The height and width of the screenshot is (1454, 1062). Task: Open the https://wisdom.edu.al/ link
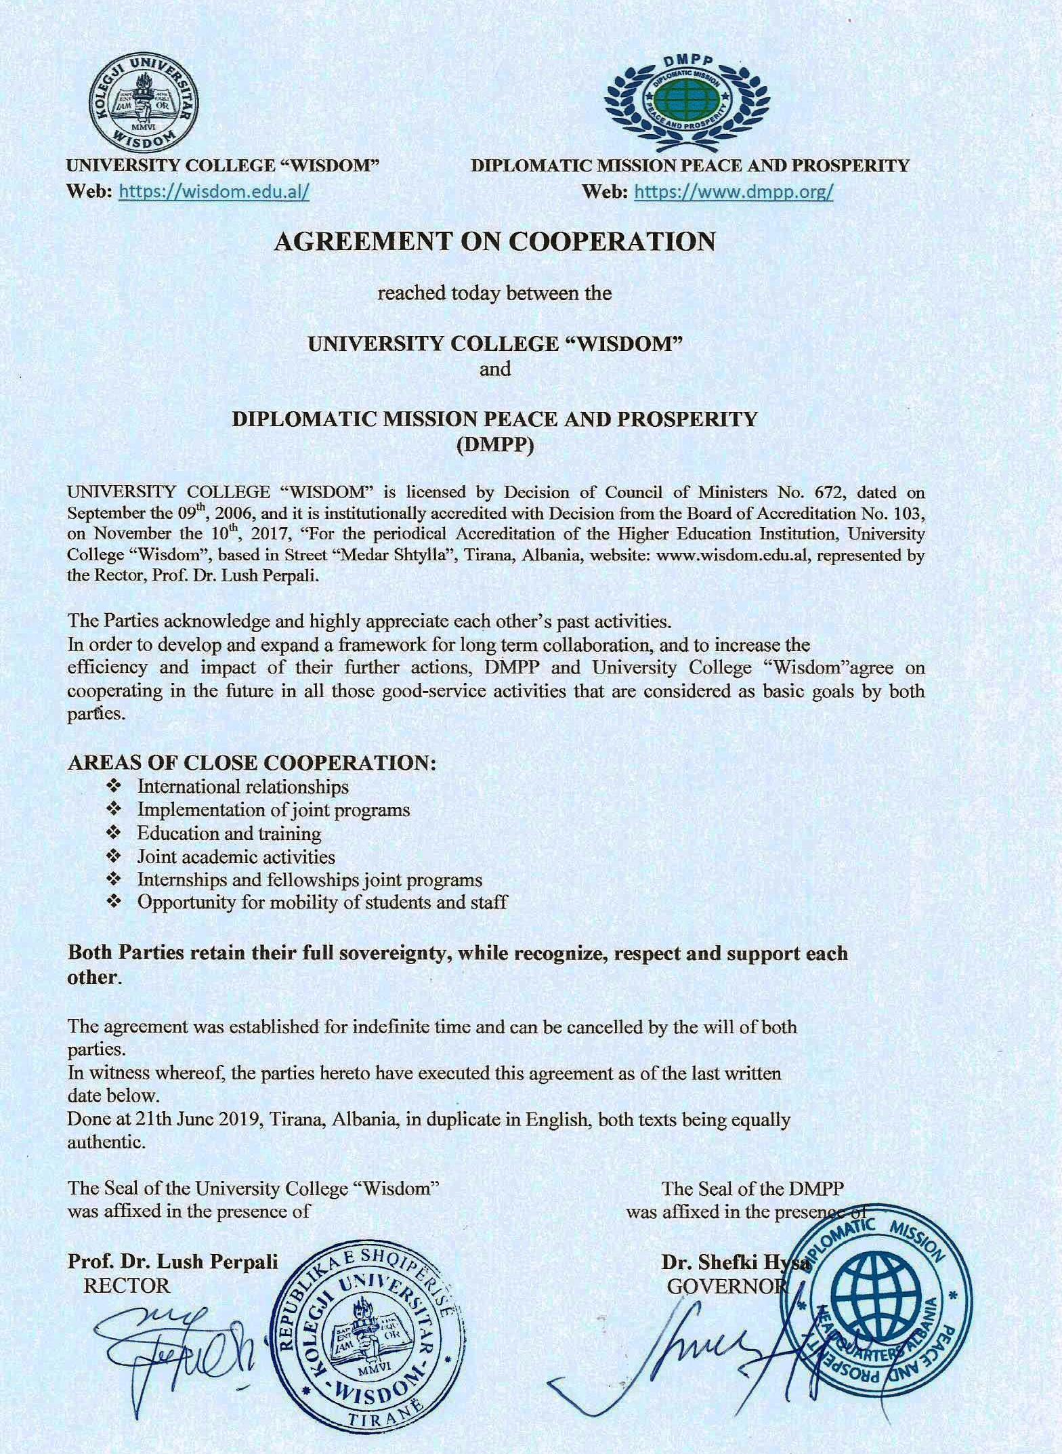(x=215, y=192)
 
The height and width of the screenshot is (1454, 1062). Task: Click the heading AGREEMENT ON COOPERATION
(x=494, y=242)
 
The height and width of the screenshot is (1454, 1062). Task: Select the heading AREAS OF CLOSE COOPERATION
(x=251, y=762)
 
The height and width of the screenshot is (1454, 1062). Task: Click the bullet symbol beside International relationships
(x=114, y=787)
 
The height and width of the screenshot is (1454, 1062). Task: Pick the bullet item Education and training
(x=229, y=833)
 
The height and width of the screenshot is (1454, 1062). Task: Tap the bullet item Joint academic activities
(x=236, y=856)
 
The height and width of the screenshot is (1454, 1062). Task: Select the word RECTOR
(x=127, y=1285)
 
